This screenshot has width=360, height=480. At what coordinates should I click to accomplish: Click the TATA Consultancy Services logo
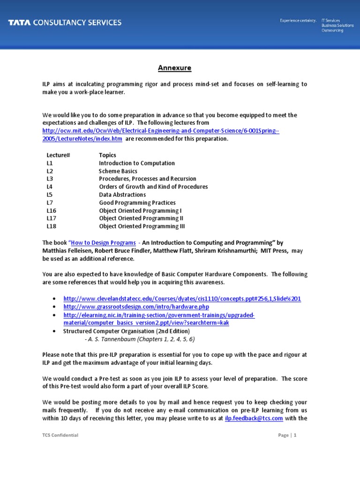click(64, 22)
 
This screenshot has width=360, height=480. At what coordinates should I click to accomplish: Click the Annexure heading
click(174, 68)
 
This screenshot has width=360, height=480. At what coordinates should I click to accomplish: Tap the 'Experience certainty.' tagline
click(298, 21)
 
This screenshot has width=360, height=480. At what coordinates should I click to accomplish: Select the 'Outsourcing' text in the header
click(332, 30)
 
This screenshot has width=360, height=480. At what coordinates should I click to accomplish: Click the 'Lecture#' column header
click(58, 155)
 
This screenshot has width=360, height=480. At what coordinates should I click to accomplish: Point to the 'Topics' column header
click(107, 155)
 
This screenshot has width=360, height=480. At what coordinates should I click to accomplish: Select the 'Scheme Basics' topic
click(118, 171)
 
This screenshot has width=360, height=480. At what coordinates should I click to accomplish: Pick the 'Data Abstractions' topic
click(122, 195)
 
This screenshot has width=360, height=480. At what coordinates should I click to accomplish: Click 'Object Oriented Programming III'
click(142, 226)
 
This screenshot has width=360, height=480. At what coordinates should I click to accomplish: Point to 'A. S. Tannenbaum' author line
click(140, 339)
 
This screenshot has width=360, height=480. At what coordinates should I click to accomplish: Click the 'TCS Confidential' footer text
click(60, 435)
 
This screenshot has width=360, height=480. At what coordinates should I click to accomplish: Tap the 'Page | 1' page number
click(287, 435)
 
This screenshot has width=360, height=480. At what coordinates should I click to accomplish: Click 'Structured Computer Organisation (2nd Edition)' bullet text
click(127, 331)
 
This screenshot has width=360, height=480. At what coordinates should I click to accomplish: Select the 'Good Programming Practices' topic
click(137, 203)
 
